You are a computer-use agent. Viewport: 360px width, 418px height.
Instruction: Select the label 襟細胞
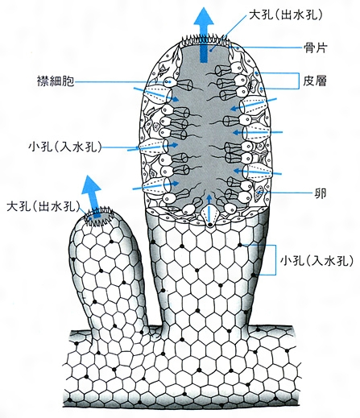tap(56, 81)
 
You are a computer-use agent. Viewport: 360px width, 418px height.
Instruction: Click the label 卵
tap(320, 193)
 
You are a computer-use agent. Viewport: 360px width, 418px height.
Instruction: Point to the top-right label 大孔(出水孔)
tap(285, 15)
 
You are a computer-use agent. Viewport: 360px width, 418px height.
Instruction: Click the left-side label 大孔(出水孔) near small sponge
tap(43, 207)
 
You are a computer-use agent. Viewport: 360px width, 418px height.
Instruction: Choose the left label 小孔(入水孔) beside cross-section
tap(65, 147)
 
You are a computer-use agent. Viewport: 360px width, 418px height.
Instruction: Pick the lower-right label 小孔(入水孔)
tap(317, 260)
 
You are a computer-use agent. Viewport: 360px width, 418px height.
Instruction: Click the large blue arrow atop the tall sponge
tap(205, 35)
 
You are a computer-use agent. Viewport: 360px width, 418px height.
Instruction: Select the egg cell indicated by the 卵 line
tap(259, 193)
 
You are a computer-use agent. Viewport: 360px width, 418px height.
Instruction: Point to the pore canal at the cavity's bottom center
tap(209, 216)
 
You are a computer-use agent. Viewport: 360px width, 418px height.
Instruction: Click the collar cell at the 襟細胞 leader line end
tap(170, 81)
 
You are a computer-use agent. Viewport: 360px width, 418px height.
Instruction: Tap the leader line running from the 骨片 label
tap(269, 48)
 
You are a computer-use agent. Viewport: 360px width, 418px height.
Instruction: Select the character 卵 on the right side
tap(320, 193)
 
